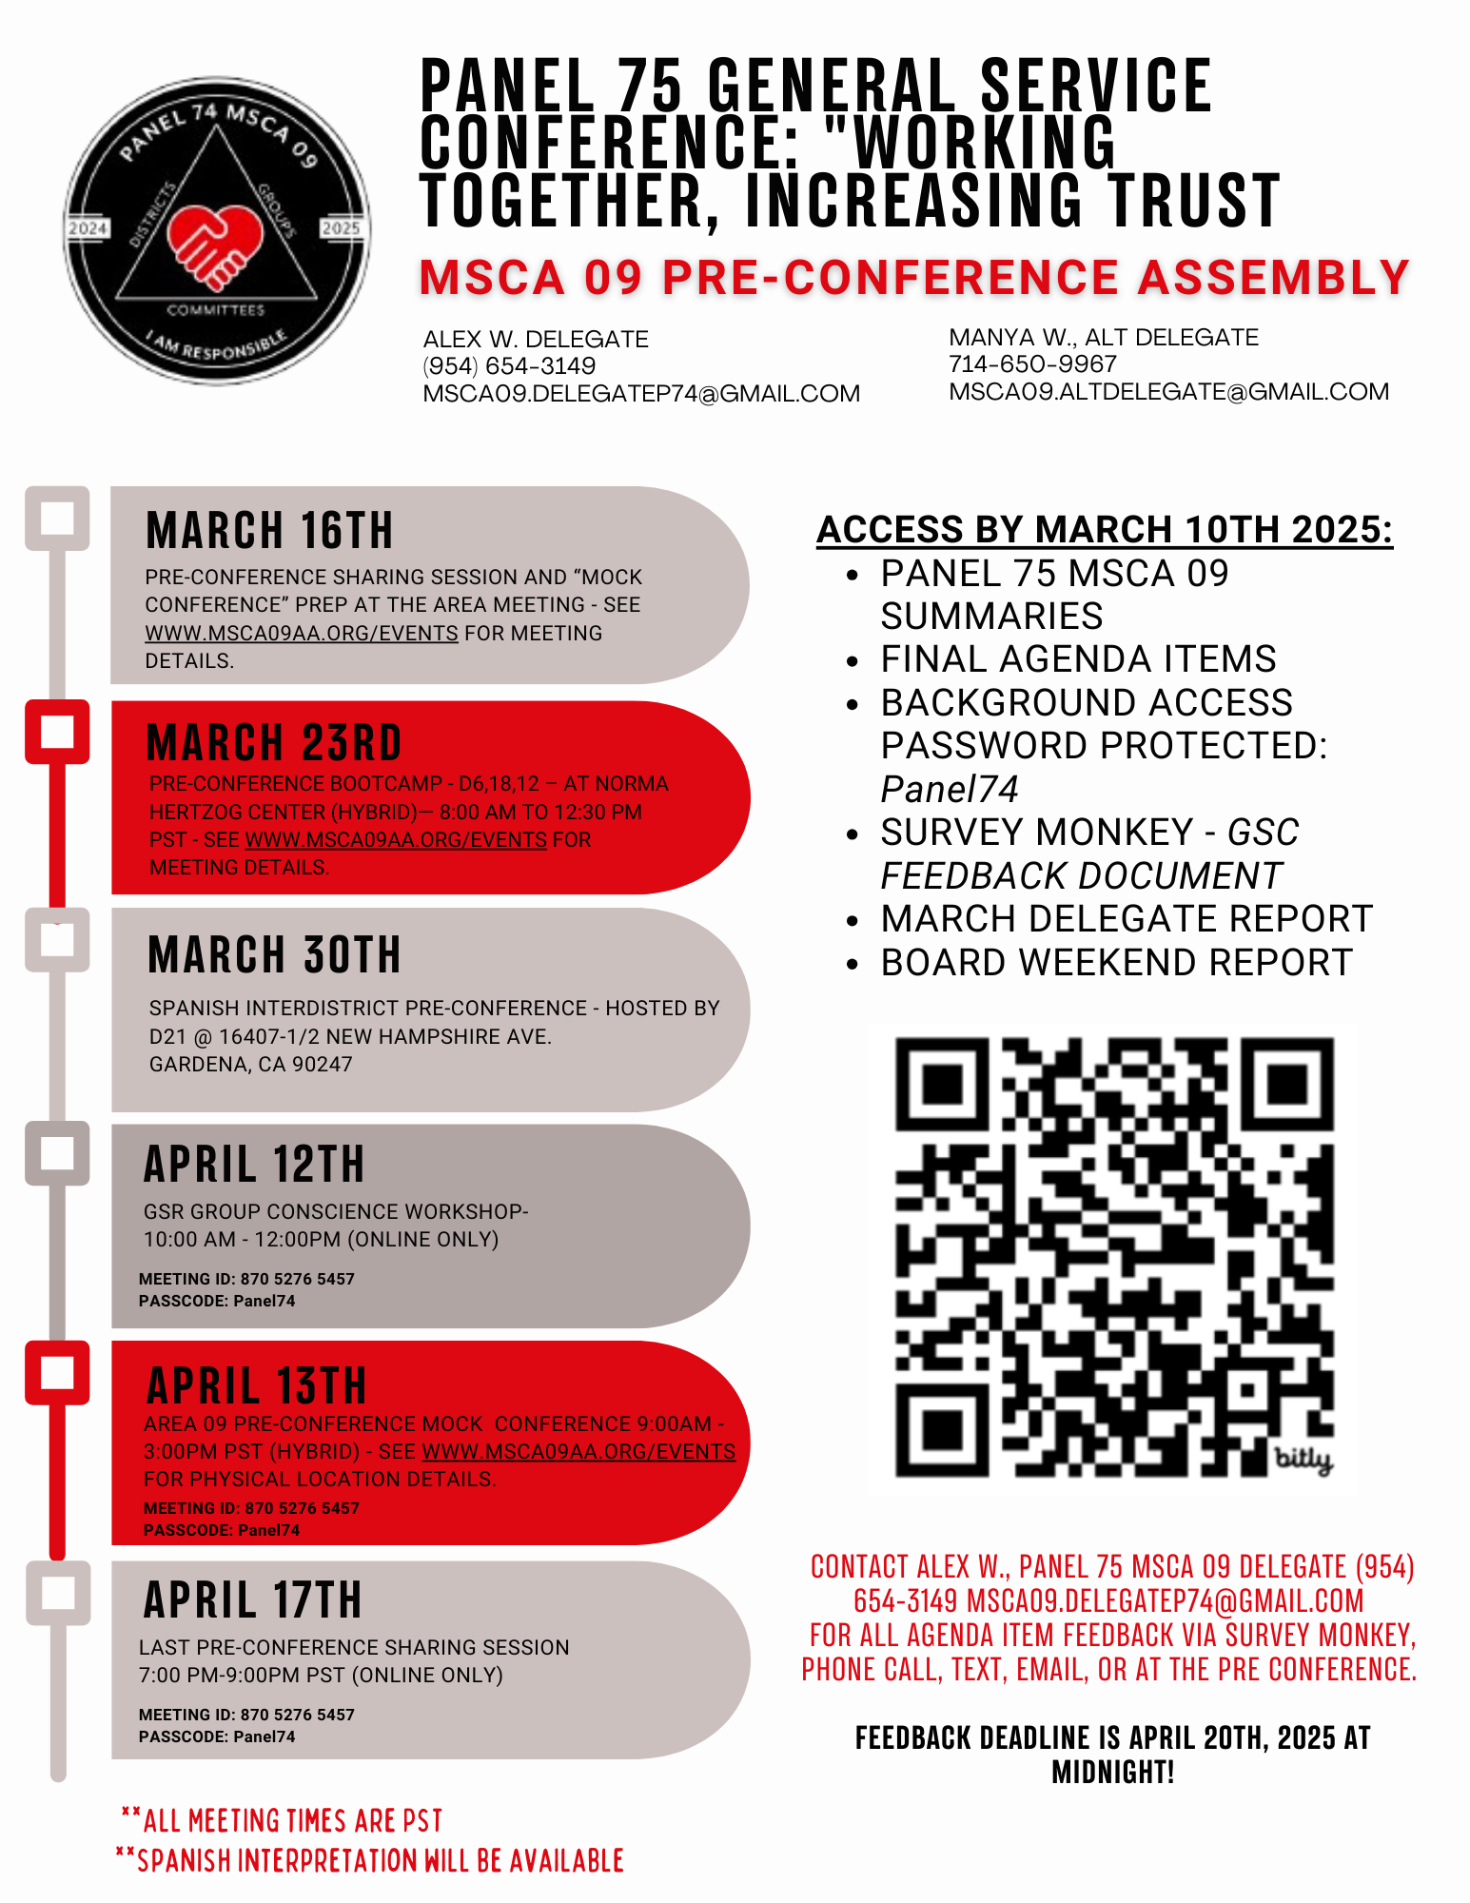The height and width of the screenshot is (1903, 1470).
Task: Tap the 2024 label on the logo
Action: coord(88,228)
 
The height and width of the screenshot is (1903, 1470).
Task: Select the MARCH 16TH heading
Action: coord(269,531)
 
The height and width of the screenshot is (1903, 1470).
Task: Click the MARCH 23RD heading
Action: coord(274,743)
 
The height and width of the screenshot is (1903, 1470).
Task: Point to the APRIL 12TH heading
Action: coord(254,1165)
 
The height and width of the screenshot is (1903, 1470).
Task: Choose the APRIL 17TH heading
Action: coord(253,1600)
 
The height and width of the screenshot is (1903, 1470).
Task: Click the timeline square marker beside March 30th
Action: coord(57,940)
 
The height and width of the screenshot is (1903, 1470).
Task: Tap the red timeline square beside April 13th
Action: coord(57,1373)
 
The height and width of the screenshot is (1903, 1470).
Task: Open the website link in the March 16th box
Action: coord(301,633)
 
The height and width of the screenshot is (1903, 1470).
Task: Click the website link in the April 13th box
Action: coord(578,1452)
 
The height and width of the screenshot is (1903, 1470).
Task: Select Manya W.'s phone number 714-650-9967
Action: coord(1032,364)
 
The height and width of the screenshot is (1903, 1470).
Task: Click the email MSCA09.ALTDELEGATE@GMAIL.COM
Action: coord(1168,392)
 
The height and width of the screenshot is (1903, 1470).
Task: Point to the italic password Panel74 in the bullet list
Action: coord(950,789)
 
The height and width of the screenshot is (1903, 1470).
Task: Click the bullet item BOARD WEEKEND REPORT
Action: coord(1116,963)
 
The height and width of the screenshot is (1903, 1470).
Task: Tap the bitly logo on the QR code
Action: coord(1303,1459)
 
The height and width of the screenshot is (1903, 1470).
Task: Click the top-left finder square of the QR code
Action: coord(943,1085)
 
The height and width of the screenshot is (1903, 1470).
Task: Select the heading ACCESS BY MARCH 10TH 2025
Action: coord(1105,530)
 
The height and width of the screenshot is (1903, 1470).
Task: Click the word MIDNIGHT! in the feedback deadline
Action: coord(1112,1772)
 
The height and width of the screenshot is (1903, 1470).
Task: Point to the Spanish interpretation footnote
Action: coord(371,1860)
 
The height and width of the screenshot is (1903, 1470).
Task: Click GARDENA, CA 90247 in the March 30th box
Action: coord(251,1064)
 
